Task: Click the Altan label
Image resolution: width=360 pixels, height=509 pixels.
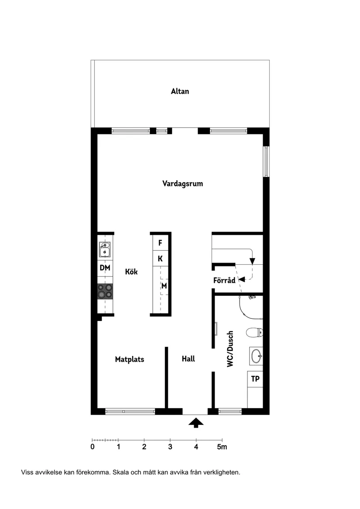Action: (180, 92)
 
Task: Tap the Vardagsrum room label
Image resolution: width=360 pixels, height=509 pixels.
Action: (182, 184)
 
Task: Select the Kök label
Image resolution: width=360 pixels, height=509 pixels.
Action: (131, 272)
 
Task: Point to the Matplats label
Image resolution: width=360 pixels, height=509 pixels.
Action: (130, 359)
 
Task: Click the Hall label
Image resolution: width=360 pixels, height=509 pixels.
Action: (188, 359)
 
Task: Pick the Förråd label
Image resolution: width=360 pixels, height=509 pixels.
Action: (224, 280)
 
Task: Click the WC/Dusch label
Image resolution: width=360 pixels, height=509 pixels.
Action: (230, 348)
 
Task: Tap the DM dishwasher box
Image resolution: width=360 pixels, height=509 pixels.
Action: (105, 268)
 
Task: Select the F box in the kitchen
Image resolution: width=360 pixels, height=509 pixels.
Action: (160, 243)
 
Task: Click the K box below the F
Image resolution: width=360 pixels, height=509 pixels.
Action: (160, 259)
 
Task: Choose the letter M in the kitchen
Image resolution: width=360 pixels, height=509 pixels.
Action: (165, 286)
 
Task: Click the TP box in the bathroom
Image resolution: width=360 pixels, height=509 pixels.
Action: (255, 379)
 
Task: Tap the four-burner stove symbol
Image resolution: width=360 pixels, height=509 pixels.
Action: (105, 291)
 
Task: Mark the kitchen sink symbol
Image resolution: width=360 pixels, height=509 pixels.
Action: (105, 250)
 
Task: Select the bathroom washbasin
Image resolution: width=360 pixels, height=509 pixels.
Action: (256, 356)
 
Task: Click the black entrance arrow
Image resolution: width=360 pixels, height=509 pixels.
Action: (196, 422)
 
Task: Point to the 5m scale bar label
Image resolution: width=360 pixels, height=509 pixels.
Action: (222, 447)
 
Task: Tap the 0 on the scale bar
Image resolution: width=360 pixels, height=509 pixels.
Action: (92, 447)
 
